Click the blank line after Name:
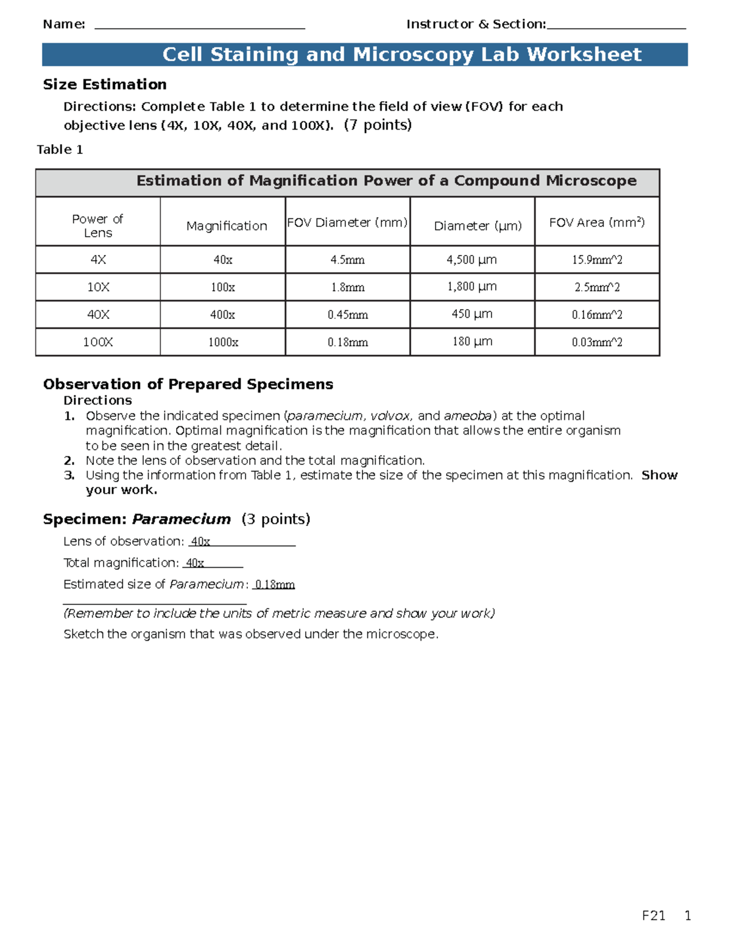(x=200, y=26)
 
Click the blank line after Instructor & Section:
(x=616, y=26)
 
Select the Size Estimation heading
(x=105, y=85)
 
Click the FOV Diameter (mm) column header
(x=347, y=223)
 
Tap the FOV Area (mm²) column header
(x=596, y=223)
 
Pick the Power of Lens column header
(x=97, y=226)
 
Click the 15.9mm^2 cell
(x=596, y=260)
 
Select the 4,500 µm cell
(x=471, y=260)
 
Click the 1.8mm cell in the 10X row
(x=347, y=287)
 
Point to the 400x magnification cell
(x=222, y=315)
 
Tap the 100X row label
(x=97, y=342)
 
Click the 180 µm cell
(x=471, y=342)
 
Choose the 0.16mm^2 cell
(x=596, y=315)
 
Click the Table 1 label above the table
(x=60, y=150)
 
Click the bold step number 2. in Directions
(x=69, y=461)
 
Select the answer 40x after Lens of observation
(x=200, y=542)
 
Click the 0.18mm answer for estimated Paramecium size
(x=275, y=585)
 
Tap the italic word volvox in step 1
(x=390, y=416)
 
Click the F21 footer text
(x=654, y=916)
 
